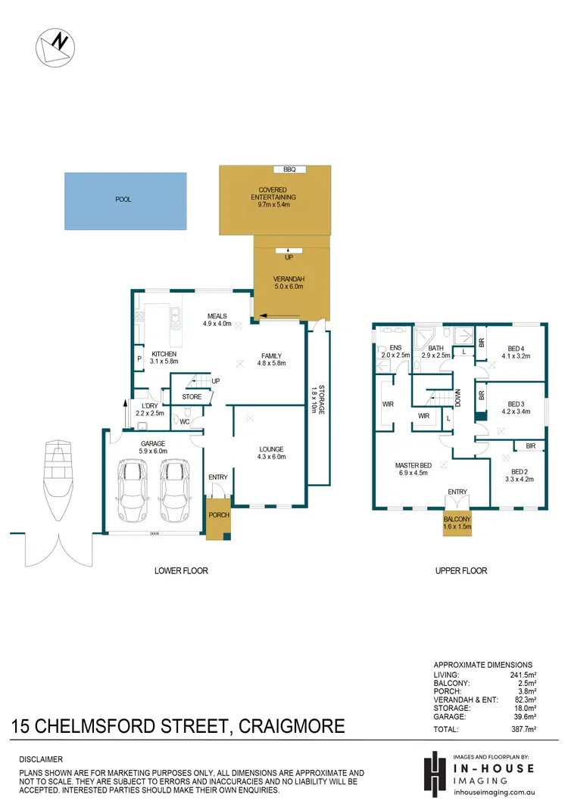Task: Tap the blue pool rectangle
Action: coord(125,200)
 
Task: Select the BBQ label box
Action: coord(289,169)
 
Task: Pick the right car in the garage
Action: coord(176,490)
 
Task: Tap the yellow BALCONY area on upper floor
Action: coord(457,523)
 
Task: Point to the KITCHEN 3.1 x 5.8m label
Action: coord(164,358)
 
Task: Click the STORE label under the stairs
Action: coord(192,396)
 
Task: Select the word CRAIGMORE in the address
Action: coord(292,728)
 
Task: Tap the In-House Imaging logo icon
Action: coord(435,773)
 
